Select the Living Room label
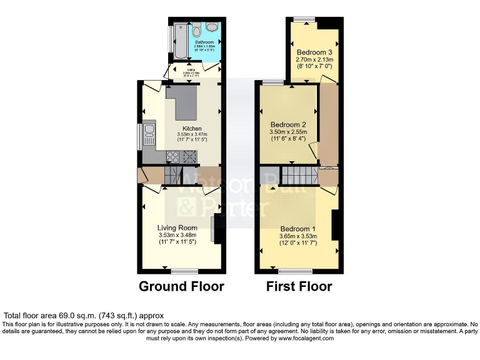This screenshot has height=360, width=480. (177, 227)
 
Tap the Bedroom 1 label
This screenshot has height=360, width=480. (297, 229)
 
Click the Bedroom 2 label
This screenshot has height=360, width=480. (287, 124)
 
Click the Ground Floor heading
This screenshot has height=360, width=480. (181, 287)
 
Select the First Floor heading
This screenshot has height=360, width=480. (299, 287)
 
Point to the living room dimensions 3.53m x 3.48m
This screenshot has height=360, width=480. (177, 235)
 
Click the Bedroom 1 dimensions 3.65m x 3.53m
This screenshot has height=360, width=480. (298, 236)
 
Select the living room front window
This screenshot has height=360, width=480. (185, 271)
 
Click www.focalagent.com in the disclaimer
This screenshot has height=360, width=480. (302, 338)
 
